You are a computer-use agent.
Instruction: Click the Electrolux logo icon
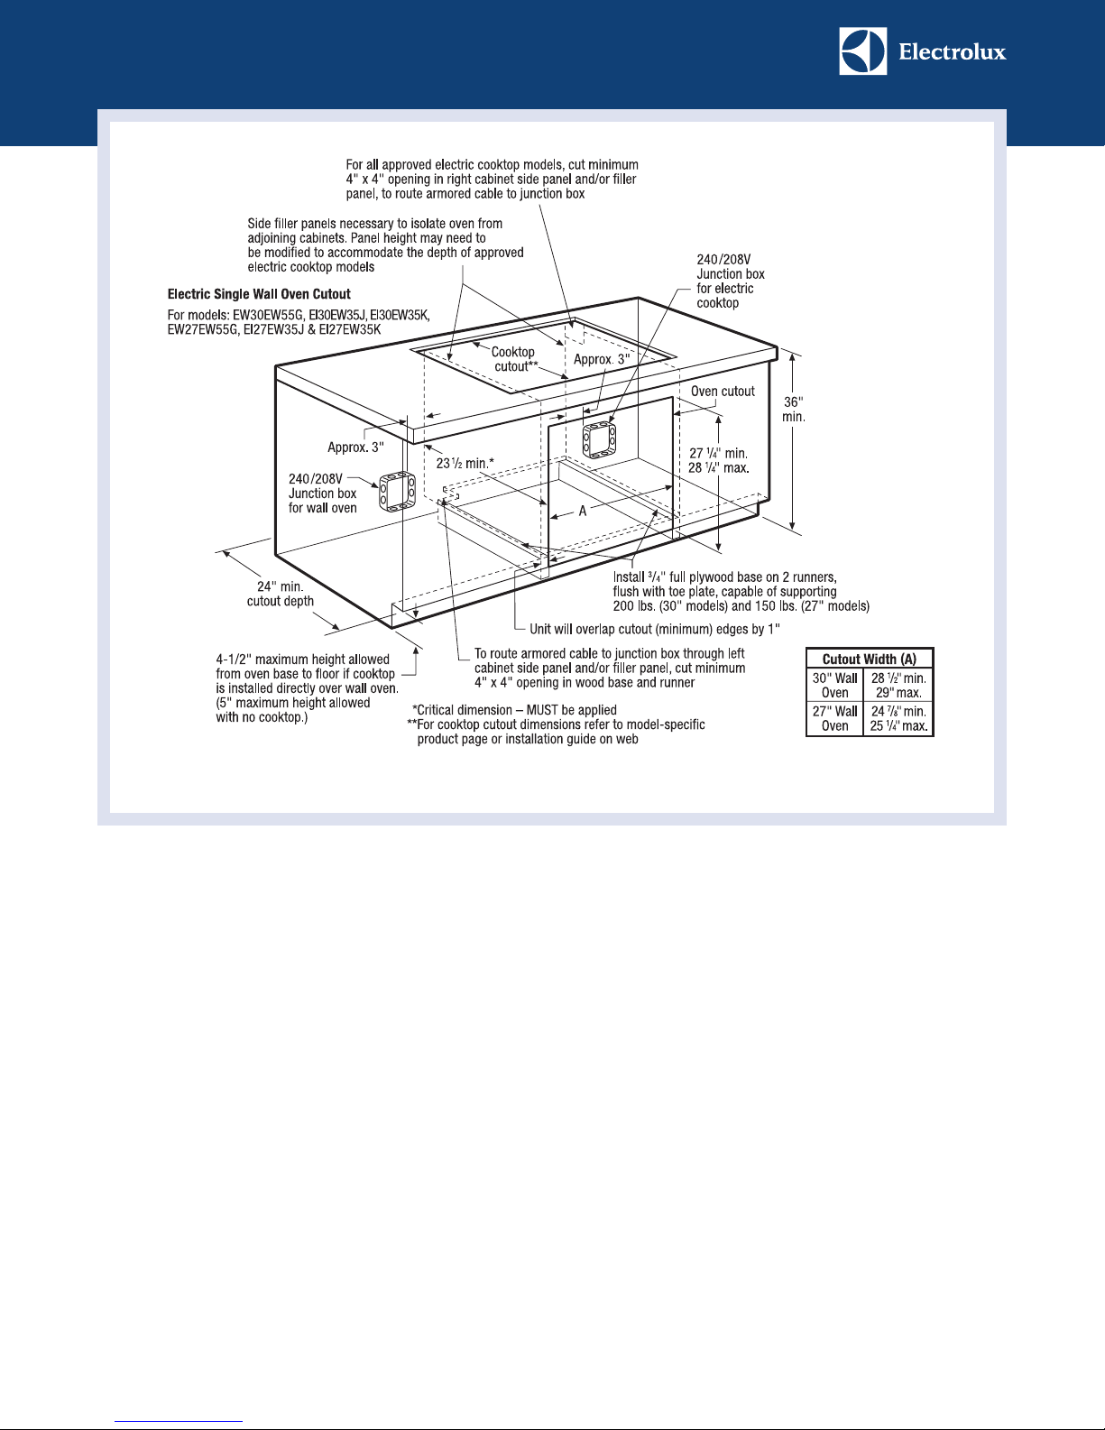point(862,51)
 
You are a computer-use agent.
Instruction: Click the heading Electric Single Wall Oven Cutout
point(259,294)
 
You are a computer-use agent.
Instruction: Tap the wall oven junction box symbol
point(397,492)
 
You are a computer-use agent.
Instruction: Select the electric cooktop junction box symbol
point(599,439)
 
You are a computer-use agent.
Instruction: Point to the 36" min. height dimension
point(793,410)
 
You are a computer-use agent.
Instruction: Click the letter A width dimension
point(582,511)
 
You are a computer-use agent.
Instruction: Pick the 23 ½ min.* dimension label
point(465,464)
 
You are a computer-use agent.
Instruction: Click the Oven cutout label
point(723,391)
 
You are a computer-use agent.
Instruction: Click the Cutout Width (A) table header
point(869,659)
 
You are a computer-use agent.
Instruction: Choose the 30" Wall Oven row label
point(834,685)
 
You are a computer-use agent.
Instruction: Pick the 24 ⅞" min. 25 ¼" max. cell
point(898,719)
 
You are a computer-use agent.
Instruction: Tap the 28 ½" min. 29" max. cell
point(898,685)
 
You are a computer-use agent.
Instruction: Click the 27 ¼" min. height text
point(718,454)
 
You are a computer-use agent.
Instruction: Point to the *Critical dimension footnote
point(514,710)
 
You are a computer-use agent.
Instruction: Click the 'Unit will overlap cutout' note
point(655,629)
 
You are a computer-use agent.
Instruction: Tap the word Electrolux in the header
point(953,52)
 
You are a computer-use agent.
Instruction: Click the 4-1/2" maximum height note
point(308,687)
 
